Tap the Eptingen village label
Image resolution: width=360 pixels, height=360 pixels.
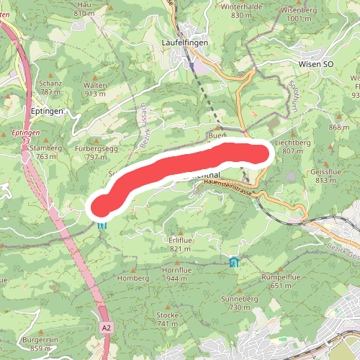point(48,112)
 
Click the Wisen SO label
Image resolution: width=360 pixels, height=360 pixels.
point(316,64)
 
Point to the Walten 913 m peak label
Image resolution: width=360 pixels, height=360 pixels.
point(96,89)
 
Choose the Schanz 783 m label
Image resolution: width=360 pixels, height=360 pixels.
point(51,88)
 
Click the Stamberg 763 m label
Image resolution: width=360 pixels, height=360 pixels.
point(45,152)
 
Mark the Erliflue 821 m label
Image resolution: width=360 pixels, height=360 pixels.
point(180,245)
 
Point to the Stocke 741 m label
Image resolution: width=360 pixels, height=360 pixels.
point(167,320)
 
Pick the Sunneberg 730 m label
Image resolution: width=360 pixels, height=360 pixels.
point(239,302)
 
